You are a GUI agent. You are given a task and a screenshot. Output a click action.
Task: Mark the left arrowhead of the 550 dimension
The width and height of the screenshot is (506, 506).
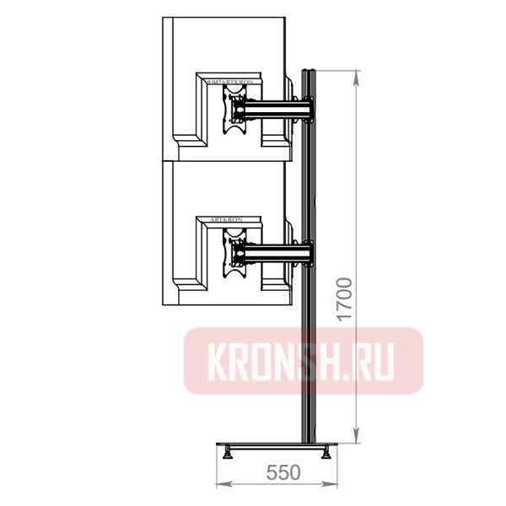(x=222, y=483)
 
